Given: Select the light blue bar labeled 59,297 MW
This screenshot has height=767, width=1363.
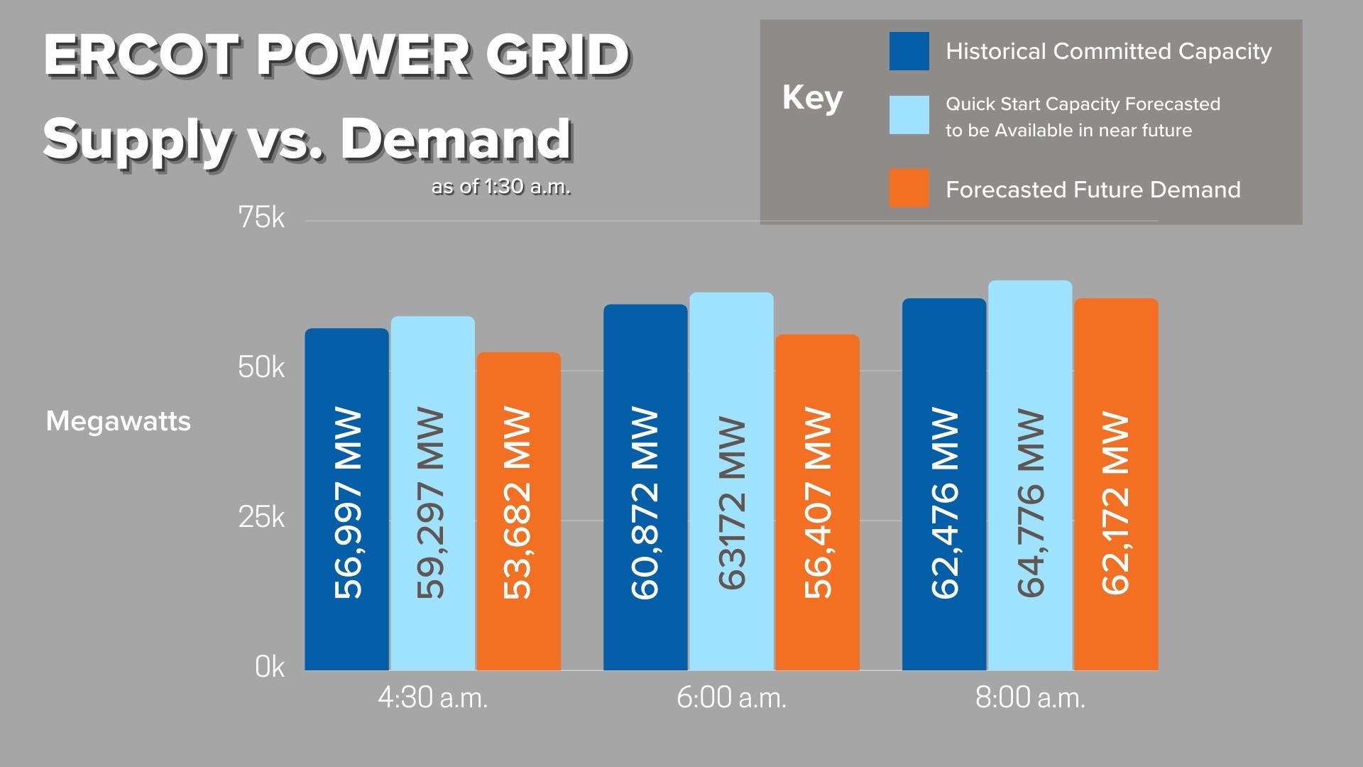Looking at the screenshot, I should [x=432, y=493].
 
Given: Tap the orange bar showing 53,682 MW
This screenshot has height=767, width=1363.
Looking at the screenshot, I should [x=518, y=511].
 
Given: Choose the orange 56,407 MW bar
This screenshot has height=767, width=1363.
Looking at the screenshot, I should [x=817, y=502].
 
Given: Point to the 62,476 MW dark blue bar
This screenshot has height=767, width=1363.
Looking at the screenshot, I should [x=944, y=484].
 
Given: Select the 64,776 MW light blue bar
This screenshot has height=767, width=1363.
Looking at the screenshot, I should [x=1030, y=475].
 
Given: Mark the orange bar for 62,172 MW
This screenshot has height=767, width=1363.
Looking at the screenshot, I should [x=1116, y=484].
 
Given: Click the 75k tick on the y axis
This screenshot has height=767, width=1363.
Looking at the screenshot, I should [x=261, y=217].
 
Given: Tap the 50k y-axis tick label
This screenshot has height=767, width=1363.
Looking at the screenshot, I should [x=261, y=367].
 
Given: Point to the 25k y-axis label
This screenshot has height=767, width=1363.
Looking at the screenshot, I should [x=261, y=517].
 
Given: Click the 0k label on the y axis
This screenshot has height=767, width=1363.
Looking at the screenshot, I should [x=270, y=667].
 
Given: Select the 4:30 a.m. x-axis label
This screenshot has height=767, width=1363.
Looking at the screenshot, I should [x=432, y=698].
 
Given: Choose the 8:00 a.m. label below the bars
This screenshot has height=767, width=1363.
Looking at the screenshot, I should [x=1030, y=698].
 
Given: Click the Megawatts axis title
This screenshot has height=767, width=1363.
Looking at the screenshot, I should [x=119, y=421].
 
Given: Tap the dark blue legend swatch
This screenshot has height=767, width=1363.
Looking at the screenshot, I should [x=909, y=51].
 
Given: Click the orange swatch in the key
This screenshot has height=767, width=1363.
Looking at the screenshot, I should [x=909, y=188].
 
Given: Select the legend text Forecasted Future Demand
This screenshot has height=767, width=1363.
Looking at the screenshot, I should [x=1093, y=190].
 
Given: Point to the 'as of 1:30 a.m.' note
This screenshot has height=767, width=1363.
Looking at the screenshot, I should [x=501, y=187].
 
